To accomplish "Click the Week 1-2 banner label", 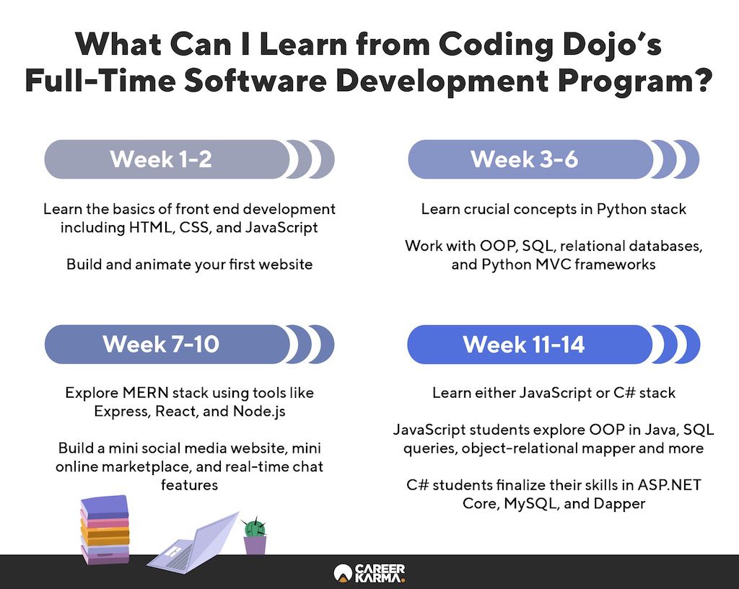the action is (x=161, y=159).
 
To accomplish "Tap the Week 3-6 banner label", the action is (x=524, y=159).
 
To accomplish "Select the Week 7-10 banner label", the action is (x=161, y=344).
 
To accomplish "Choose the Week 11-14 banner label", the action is (x=524, y=344).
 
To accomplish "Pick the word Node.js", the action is (x=259, y=412).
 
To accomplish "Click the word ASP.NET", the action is (x=669, y=485).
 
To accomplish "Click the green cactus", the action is (x=255, y=527).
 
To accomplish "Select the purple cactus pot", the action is (x=255, y=545).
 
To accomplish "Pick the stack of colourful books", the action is (x=105, y=528).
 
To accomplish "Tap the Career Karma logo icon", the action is (x=343, y=573).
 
